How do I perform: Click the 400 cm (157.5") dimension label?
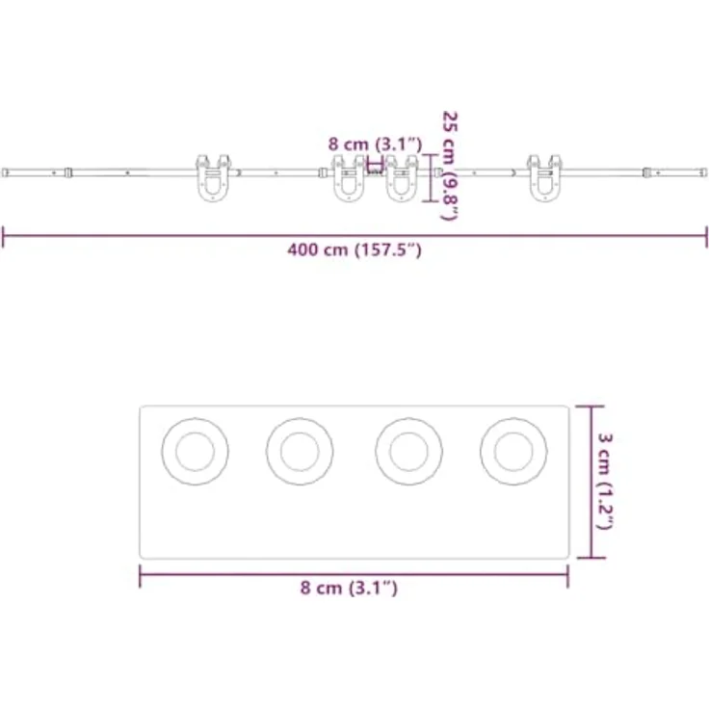tap(354, 249)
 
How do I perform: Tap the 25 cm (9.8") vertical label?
tap(450, 166)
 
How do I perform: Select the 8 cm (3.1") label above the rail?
tap(376, 144)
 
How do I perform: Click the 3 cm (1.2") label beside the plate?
tap(605, 481)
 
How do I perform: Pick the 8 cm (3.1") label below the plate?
tap(349, 588)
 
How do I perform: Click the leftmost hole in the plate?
tap(195, 451)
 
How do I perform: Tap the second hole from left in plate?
tap(300, 451)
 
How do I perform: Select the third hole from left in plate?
tap(408, 451)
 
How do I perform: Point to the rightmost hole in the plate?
tap(513, 451)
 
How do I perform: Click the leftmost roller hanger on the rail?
tap(213, 178)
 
